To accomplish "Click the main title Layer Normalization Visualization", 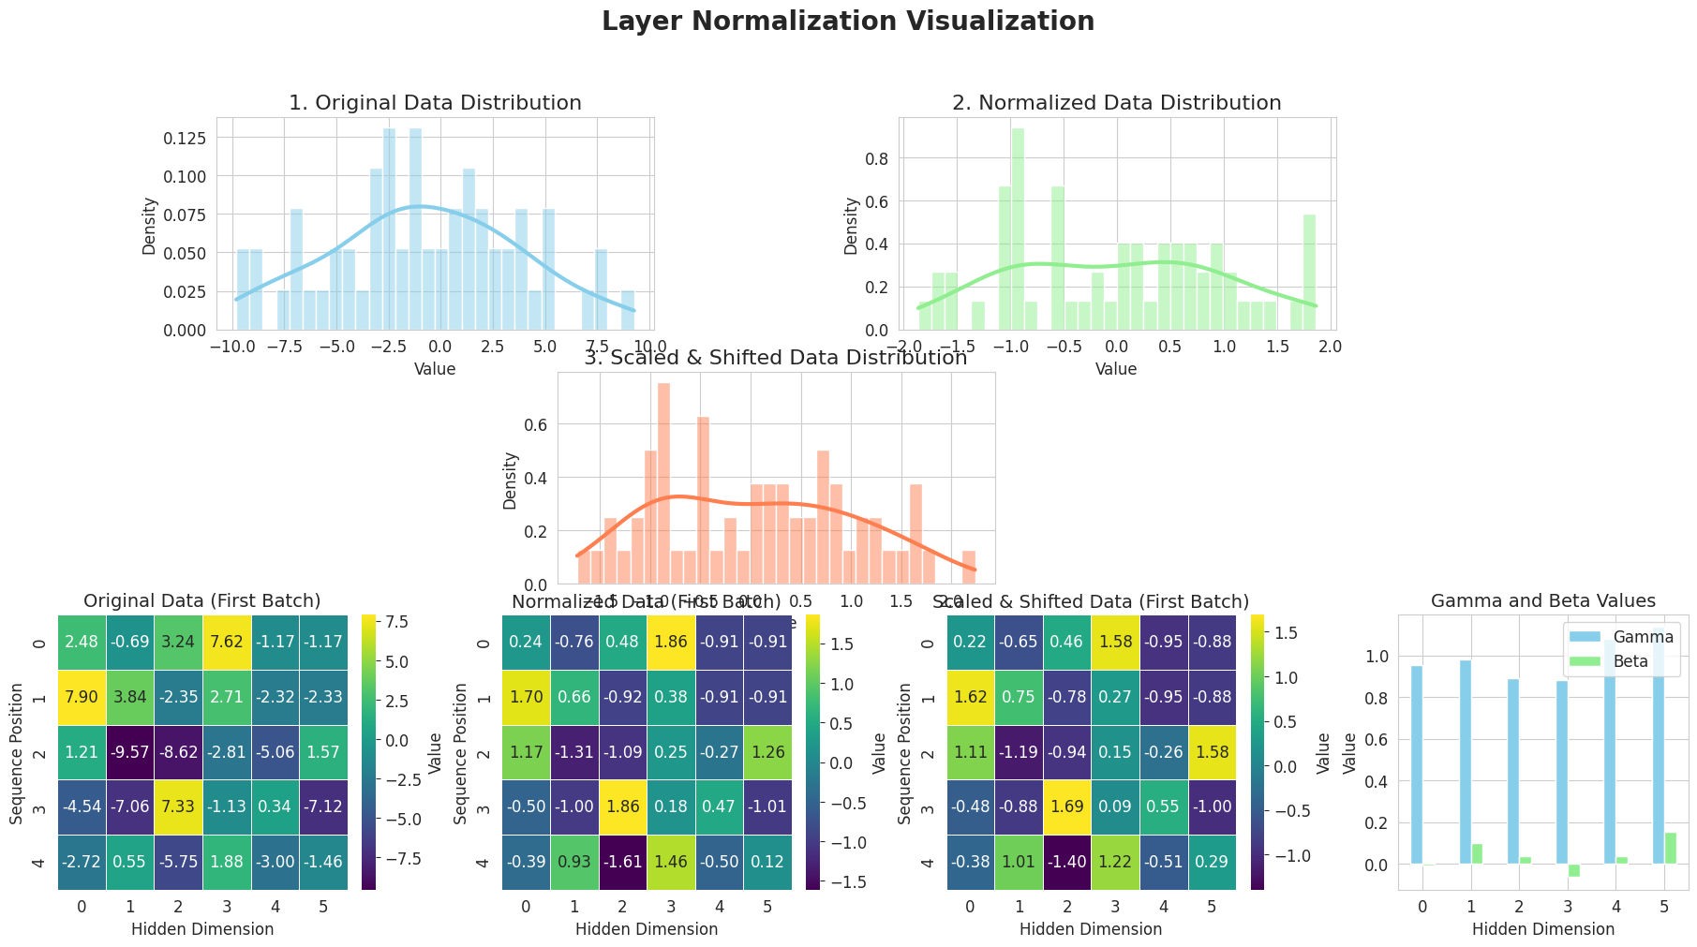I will (848, 22).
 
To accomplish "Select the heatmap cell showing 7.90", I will (82, 698).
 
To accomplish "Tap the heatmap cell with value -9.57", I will (130, 752).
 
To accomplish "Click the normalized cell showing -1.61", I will (623, 862).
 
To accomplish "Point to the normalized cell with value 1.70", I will (526, 698).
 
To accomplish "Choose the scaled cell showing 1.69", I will (1066, 807).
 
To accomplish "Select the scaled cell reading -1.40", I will (1066, 862).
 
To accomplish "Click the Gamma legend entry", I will (1636, 638).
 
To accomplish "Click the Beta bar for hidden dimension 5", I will (1670, 848).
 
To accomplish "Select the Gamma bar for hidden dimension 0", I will (1416, 764).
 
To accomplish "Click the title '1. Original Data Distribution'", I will (435, 103).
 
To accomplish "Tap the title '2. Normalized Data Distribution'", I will (1116, 103).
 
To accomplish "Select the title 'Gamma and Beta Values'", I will (1543, 601).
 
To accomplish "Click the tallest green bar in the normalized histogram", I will (1017, 229).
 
